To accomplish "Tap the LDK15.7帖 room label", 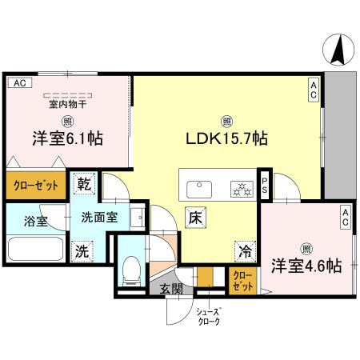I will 227,138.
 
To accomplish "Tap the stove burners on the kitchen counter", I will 238,189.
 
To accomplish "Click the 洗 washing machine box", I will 81,250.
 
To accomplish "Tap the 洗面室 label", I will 99,217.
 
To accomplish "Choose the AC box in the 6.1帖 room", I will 22,82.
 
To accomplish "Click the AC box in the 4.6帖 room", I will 345,214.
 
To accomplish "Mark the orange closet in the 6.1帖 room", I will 35,186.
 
